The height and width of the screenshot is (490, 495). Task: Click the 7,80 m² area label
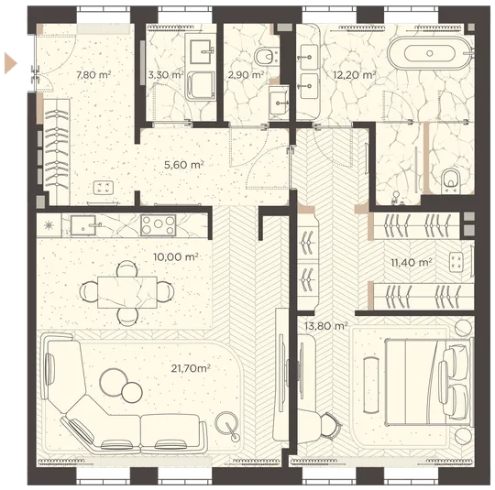tap(93, 75)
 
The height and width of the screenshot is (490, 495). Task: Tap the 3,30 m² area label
tap(166, 75)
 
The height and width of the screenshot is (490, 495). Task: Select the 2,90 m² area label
tap(246, 75)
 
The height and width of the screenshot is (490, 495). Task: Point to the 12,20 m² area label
tap(355, 75)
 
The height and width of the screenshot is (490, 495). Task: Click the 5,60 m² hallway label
tap(184, 165)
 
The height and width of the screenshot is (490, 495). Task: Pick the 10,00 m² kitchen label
tap(176, 256)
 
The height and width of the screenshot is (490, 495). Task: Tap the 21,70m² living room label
tap(191, 368)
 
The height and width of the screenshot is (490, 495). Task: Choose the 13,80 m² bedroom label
tap(326, 326)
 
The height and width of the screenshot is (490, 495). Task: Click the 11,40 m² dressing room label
tap(412, 262)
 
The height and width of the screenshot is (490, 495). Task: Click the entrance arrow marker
tap(10, 63)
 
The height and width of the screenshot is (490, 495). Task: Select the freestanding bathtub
tap(430, 53)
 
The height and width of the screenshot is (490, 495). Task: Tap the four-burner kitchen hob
tap(159, 225)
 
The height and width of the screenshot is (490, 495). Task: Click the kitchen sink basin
tap(83, 225)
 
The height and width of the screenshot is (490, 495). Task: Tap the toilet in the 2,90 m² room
tap(267, 57)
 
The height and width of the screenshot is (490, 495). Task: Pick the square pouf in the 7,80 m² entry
tap(104, 188)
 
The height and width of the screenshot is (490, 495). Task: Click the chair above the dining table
tap(126, 268)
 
